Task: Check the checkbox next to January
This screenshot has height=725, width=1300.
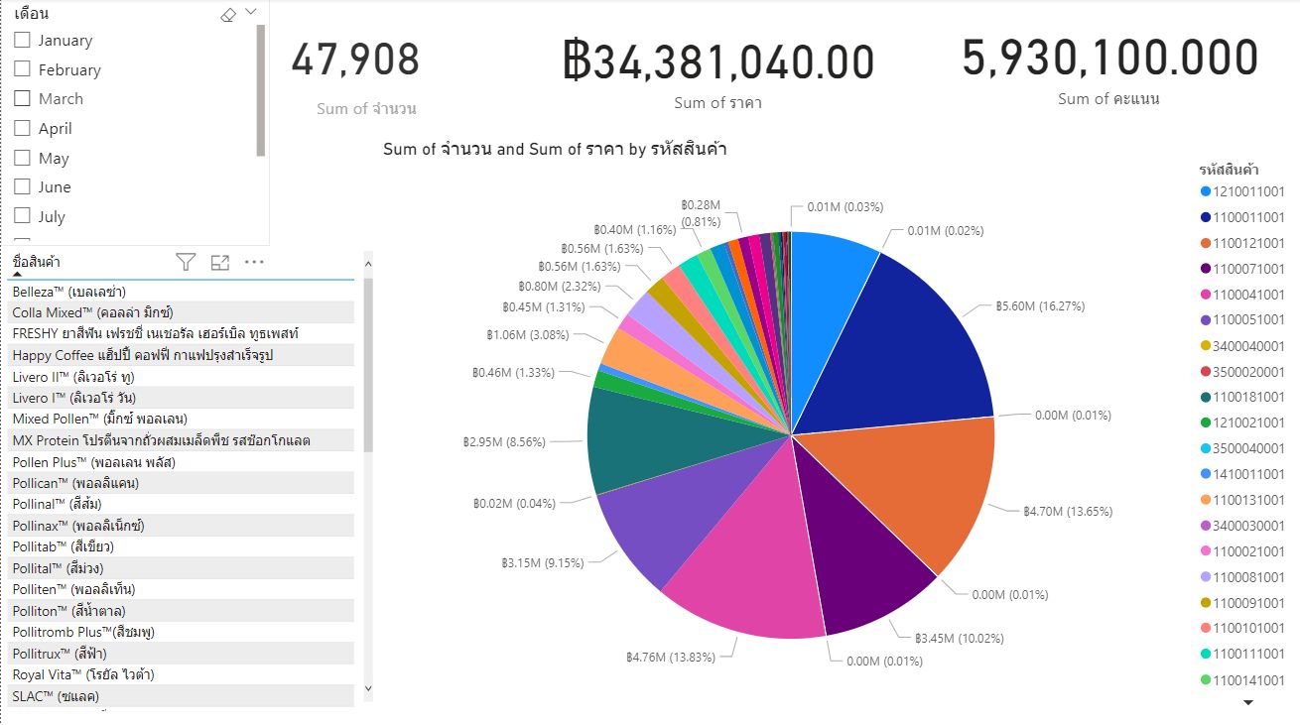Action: click(x=23, y=41)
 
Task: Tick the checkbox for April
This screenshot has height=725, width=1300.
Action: click(x=23, y=129)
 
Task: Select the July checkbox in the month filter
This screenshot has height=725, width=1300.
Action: click(x=23, y=216)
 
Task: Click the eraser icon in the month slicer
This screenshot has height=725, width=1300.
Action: click(x=227, y=14)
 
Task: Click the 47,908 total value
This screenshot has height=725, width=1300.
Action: click(x=355, y=60)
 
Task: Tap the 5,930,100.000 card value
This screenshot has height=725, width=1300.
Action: click(x=1109, y=59)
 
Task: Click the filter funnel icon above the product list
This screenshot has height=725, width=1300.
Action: click(x=186, y=262)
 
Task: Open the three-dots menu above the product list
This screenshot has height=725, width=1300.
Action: click(x=254, y=262)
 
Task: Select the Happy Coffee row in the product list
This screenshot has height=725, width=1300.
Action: click(x=142, y=355)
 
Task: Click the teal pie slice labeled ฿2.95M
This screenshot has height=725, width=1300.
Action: click(x=635, y=436)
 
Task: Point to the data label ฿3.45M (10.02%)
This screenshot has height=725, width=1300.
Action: click(x=959, y=638)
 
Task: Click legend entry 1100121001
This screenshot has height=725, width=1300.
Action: click(x=1248, y=243)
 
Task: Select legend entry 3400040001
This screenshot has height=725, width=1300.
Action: click(x=1248, y=345)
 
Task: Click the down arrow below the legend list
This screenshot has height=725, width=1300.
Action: click(x=1248, y=702)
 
